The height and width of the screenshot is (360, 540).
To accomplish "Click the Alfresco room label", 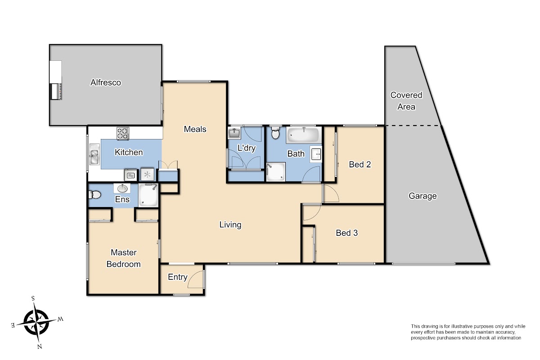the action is point(106,82).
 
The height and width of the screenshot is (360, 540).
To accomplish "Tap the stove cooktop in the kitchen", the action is point(123,133).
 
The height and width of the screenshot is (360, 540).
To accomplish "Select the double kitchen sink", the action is point(94,154).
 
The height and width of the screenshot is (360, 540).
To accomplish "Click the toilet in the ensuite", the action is point(95,194).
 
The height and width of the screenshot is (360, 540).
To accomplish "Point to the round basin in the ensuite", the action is point(122,188).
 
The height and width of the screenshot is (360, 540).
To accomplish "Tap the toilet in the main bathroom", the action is point(275,132).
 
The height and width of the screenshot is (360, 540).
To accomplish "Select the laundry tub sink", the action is point(234,133).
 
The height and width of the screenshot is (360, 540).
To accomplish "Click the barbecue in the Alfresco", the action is point(56,91).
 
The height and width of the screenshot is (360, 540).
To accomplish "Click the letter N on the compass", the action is point(40,346).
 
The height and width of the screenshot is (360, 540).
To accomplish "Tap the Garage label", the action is point(423,196).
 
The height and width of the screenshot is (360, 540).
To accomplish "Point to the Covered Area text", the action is point(406,101).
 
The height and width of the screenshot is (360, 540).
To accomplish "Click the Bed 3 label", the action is point(346,233).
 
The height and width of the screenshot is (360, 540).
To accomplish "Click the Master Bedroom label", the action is point(123,258).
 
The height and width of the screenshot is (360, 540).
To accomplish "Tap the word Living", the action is point(230,225).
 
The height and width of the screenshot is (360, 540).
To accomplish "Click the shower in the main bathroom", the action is point(276,172).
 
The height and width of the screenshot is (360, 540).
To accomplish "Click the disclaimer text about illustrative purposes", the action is point(468,332).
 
